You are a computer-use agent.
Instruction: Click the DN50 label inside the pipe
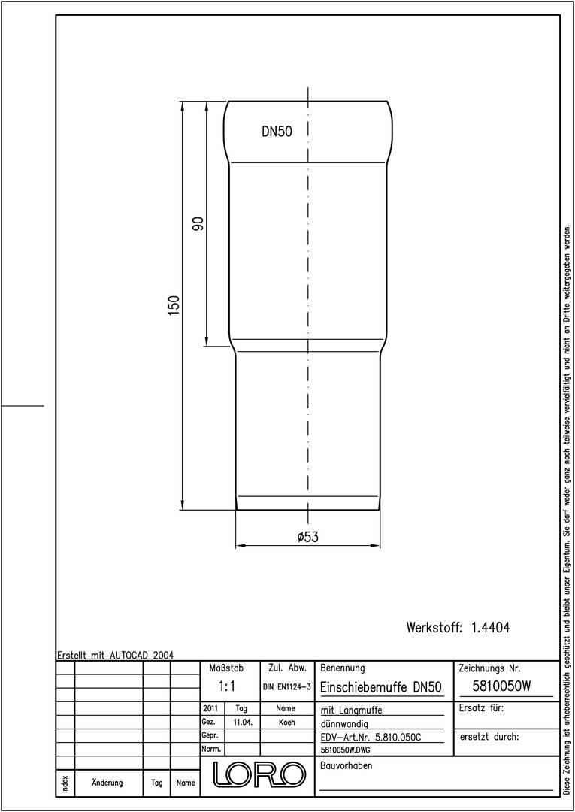click(x=277, y=132)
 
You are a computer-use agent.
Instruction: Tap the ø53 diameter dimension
click(x=308, y=537)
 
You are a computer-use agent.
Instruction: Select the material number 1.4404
click(x=491, y=627)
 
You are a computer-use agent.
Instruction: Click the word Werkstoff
click(x=434, y=627)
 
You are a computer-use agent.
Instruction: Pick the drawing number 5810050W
click(x=502, y=686)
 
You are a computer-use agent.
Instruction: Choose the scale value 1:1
click(x=227, y=686)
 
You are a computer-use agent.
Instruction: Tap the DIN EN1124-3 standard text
click(x=286, y=687)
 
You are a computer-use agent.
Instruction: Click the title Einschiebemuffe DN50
click(x=381, y=687)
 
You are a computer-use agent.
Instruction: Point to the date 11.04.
click(x=242, y=723)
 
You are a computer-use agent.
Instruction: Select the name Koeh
click(x=286, y=723)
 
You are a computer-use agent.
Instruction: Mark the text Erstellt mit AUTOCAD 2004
click(x=116, y=655)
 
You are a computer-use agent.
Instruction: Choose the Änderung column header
click(x=107, y=783)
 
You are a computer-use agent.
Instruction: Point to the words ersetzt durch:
click(x=489, y=737)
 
